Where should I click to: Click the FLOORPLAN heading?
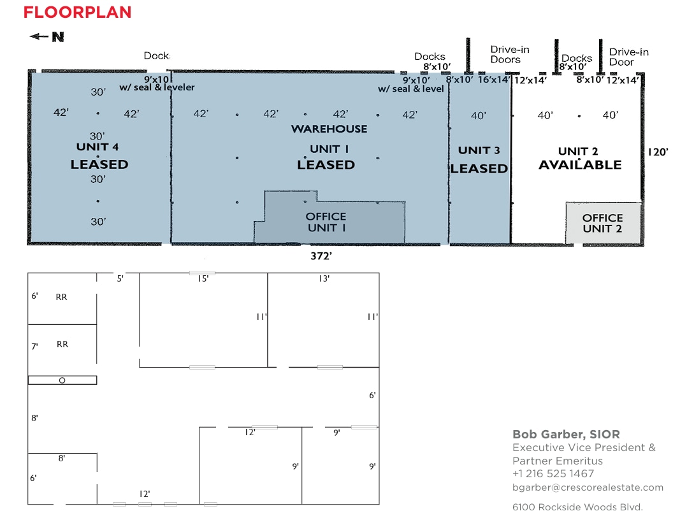77,12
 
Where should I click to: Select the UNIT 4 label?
98,147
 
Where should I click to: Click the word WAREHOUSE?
329,129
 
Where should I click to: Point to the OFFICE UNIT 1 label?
326,222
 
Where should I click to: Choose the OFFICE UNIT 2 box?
603,223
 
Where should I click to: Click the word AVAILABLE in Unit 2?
580,165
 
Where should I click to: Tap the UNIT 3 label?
479,150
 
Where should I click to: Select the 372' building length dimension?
322,255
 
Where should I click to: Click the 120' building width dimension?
659,152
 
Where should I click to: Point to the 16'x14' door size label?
494,80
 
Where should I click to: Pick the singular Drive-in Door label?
628,57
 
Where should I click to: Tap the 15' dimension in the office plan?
203,278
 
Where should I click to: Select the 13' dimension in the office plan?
324,278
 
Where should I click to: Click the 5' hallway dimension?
120,278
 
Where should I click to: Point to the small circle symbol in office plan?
62,380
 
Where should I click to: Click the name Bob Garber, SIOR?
566,435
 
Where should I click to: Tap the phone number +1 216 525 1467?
553,474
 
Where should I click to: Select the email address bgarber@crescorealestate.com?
588,487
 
